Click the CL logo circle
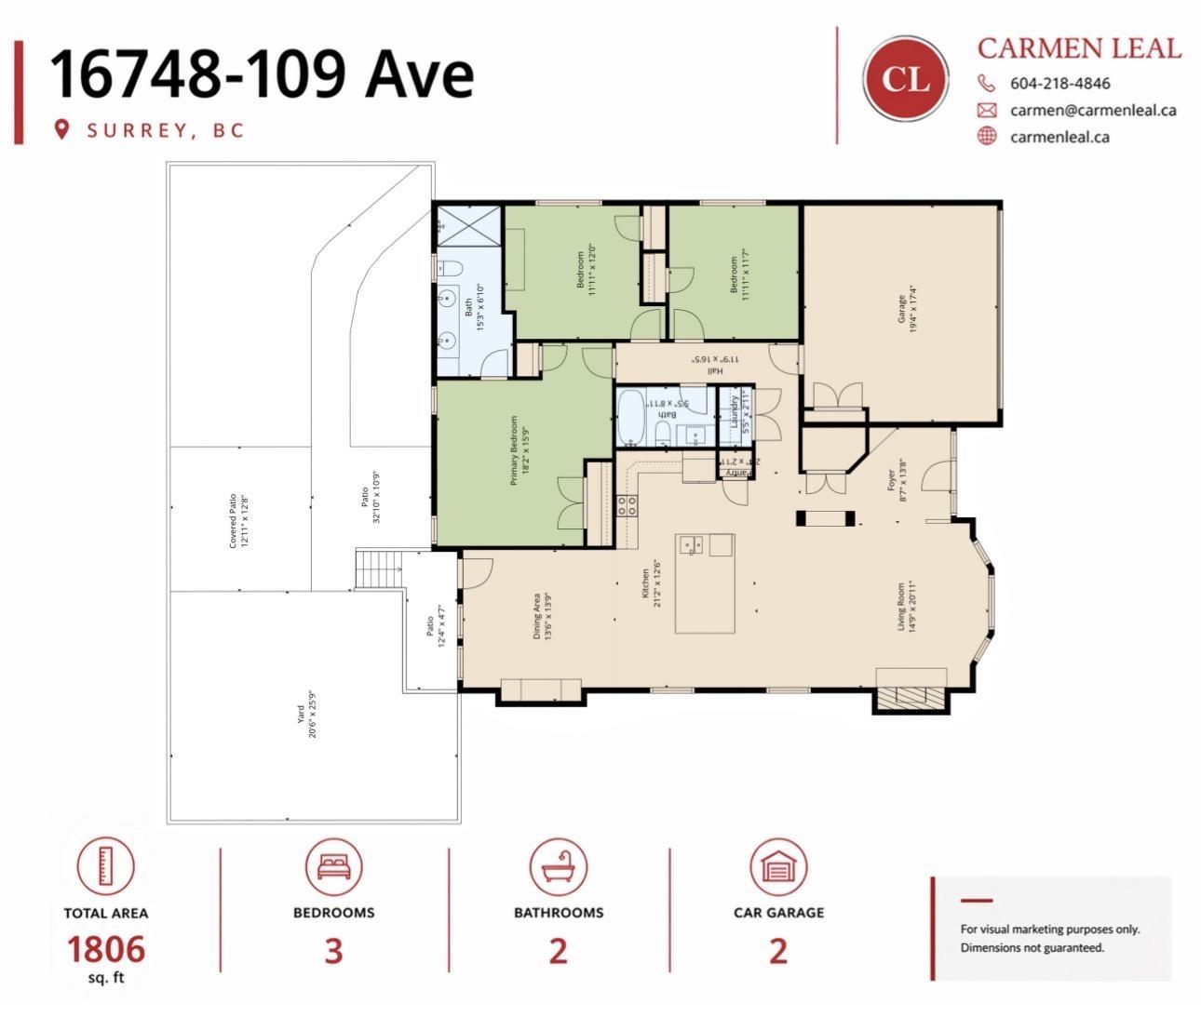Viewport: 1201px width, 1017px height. (x=905, y=79)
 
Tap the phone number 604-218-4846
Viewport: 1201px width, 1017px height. (x=1059, y=83)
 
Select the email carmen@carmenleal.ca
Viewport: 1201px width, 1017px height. (x=1092, y=110)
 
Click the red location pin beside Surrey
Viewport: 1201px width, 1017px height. (x=62, y=129)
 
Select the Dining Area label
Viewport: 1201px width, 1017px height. (x=542, y=616)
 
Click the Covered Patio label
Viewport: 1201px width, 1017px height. (x=239, y=520)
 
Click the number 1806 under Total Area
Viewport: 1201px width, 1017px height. (x=105, y=948)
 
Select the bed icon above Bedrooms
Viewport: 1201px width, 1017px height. (x=333, y=866)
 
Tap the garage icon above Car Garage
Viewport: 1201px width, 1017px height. (x=778, y=866)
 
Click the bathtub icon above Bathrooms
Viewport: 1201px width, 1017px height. (x=558, y=866)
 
